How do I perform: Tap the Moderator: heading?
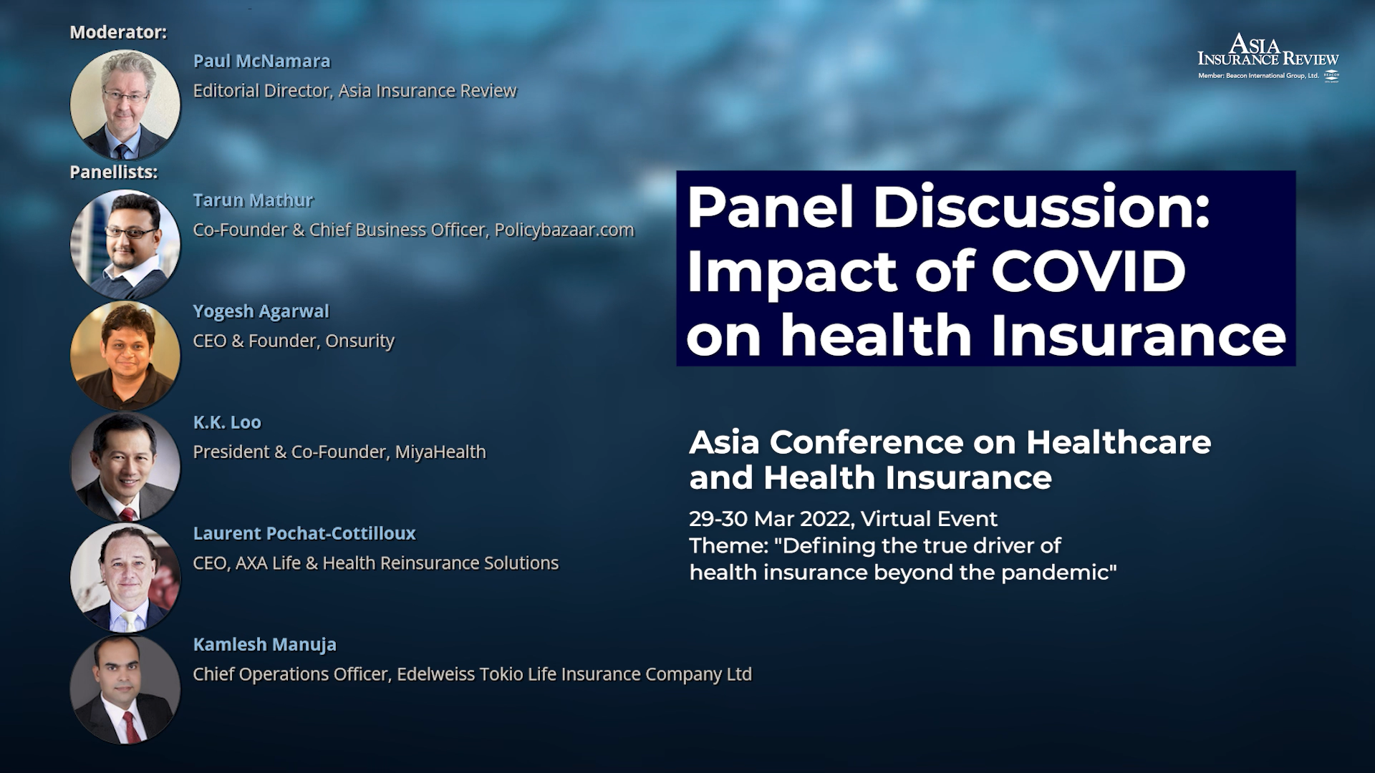click(x=118, y=32)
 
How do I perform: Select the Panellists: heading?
click(x=114, y=172)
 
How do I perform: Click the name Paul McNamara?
click(x=261, y=62)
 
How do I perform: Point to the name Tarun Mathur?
click(x=253, y=200)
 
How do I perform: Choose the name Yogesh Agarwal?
click(x=261, y=312)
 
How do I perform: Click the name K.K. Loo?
click(x=227, y=422)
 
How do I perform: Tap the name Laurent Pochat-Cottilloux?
click(x=304, y=533)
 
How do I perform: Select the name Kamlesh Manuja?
click(x=264, y=645)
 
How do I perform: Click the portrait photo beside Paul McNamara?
click(x=125, y=104)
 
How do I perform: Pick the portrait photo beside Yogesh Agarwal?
click(x=125, y=356)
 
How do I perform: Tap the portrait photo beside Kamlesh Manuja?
click(x=125, y=689)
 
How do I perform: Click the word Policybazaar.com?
click(x=564, y=230)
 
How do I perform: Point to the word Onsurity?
click(x=360, y=341)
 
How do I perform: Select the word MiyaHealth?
click(x=440, y=452)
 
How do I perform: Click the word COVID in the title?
click(x=1089, y=272)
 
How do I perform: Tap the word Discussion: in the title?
click(x=1041, y=208)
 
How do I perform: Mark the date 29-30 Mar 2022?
click(x=771, y=519)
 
